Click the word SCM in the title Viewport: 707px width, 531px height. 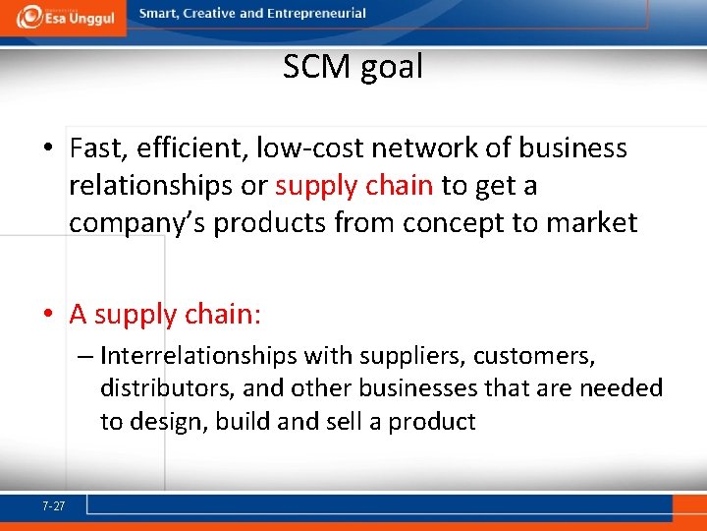316,67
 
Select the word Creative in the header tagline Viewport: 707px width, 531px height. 209,14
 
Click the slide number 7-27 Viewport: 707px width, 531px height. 54,506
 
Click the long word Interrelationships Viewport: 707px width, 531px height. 199,354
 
